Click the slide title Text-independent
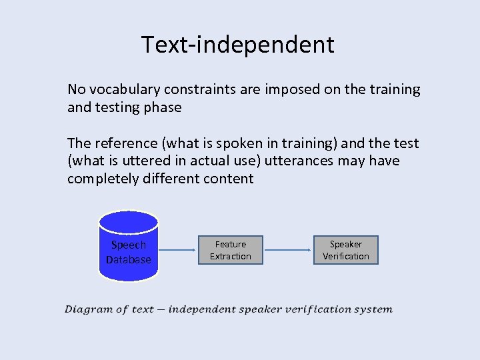click(237, 45)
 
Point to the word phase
click(164, 107)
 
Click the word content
click(230, 179)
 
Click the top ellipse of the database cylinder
click(128, 221)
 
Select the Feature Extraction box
click(231, 250)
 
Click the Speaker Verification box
click(346, 250)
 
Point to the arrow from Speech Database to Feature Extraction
click(179, 251)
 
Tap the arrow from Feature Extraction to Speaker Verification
click(288, 251)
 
